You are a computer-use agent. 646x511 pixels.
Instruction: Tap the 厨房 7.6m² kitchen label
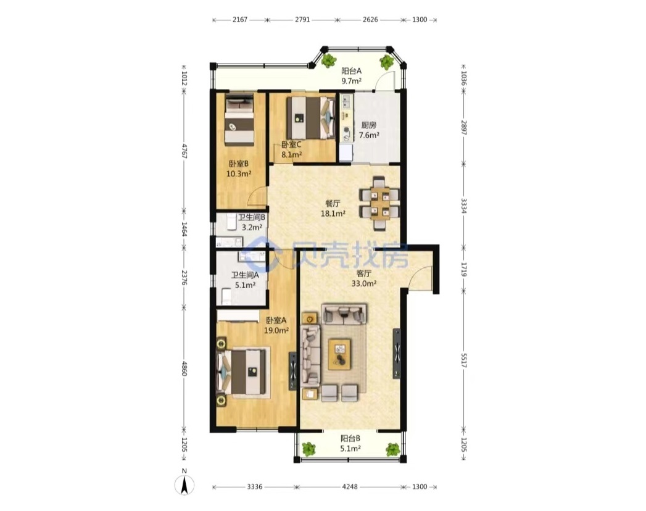coord(369,130)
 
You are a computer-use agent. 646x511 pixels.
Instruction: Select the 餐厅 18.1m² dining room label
coord(333,208)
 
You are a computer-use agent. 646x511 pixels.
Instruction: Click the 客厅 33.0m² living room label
coord(364,278)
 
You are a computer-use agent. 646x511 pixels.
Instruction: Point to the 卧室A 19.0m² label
coord(276,325)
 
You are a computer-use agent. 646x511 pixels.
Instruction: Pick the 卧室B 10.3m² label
coord(239,168)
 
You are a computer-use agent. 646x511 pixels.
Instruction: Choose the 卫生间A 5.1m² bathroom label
coord(245,280)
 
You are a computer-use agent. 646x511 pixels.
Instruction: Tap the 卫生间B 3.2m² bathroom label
coord(252,222)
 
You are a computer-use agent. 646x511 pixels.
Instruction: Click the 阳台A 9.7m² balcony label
coord(352,76)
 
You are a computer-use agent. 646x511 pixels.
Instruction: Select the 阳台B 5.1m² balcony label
coord(350,443)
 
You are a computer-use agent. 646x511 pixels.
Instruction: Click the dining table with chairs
coord(379,203)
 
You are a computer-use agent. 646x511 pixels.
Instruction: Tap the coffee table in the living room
coord(340,354)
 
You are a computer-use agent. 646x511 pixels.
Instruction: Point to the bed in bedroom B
coord(239,120)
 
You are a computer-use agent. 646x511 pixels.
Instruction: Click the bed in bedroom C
coord(310,118)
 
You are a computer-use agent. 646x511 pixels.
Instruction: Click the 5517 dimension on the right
coord(463,360)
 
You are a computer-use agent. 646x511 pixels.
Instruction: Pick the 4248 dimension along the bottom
coord(350,487)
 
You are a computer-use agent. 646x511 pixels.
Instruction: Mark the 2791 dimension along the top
coord(302,19)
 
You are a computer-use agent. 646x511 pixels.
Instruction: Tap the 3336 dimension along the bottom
coord(255,487)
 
